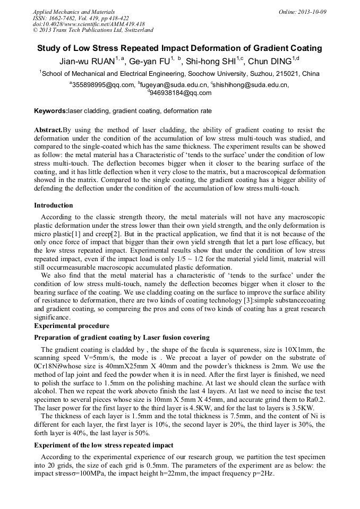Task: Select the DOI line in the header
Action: tap(89, 24)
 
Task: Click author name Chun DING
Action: tap(271, 62)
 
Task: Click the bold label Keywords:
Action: tap(51, 111)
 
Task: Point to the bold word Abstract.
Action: tap(48, 130)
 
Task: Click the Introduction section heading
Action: tap(54, 205)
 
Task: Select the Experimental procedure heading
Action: tap(72, 325)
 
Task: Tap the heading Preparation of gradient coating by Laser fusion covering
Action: tap(122, 338)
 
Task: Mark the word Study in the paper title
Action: tap(49, 48)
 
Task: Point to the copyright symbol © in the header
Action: tap(36, 30)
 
